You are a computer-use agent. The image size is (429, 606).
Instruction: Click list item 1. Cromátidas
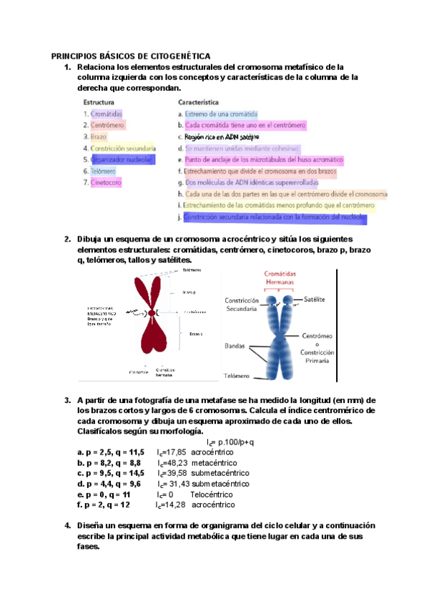pyautogui.click(x=104, y=114)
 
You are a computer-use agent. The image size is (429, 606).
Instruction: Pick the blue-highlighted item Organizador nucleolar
pyautogui.click(x=118, y=160)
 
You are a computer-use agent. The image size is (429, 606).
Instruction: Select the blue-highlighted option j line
pyautogui.click(x=274, y=217)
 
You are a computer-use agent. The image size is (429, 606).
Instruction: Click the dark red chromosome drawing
pyautogui.click(x=152, y=314)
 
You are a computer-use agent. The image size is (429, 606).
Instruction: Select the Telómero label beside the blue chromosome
pyautogui.click(x=236, y=375)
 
